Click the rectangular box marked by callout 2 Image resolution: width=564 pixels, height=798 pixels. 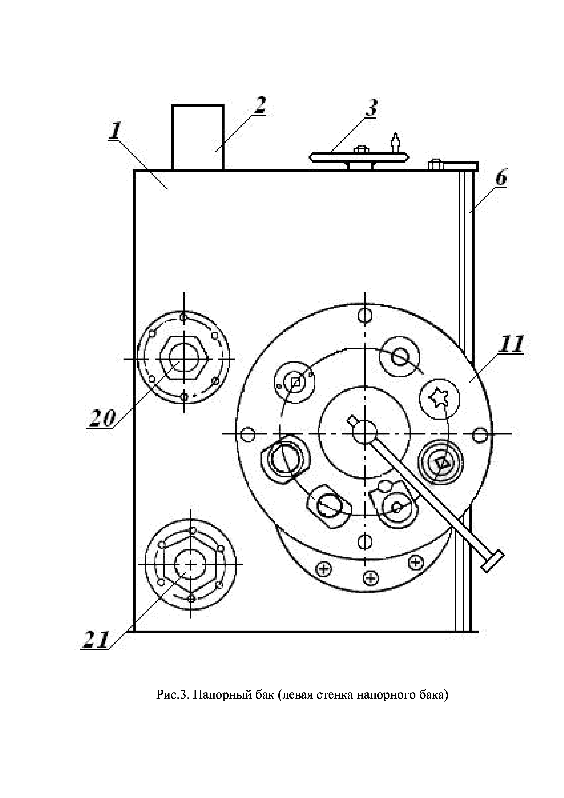(x=198, y=137)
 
